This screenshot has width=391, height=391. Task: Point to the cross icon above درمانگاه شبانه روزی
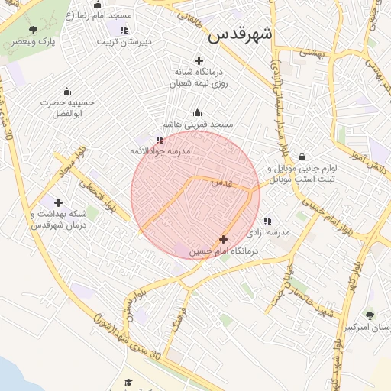pyautogui.click(x=199, y=60)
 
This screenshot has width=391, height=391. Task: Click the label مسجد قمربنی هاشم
pyautogui.click(x=197, y=124)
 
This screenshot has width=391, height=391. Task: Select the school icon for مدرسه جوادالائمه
pyautogui.click(x=159, y=140)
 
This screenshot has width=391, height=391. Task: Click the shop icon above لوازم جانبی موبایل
pyautogui.click(x=303, y=157)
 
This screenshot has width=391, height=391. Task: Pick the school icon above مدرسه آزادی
pyautogui.click(x=267, y=221)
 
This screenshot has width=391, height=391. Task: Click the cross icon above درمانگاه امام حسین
pyautogui.click(x=223, y=239)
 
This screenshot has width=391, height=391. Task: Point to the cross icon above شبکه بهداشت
pyautogui.click(x=58, y=202)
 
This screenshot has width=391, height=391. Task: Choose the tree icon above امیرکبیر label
pyautogui.click(x=370, y=315)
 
